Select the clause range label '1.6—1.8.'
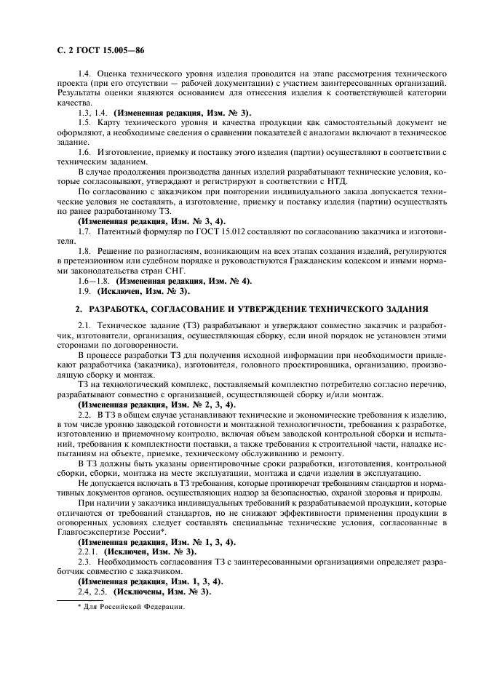pyautogui.click(x=94, y=280)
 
